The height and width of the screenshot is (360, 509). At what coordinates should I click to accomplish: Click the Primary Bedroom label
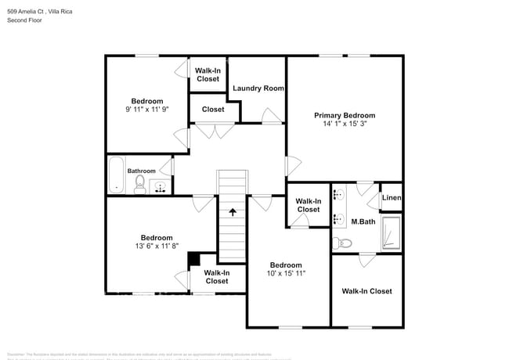pos(345,115)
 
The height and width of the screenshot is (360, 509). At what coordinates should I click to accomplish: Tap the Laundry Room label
pos(258,88)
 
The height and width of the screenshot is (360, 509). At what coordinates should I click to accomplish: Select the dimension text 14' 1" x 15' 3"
pos(345,124)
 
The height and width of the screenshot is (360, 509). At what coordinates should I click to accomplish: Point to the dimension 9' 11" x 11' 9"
pos(147,110)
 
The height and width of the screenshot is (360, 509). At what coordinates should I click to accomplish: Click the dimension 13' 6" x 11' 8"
pos(157,247)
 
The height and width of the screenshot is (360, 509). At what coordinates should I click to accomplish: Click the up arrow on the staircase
pos(232,211)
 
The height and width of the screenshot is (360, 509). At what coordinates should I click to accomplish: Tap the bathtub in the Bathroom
pos(116,175)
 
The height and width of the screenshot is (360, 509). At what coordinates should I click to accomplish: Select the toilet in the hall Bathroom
pos(140,185)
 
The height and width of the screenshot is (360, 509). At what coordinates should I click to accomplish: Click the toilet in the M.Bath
pos(338,243)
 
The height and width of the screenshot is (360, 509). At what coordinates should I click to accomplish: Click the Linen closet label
pos(392,198)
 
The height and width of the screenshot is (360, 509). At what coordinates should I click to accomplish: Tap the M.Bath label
pos(363,222)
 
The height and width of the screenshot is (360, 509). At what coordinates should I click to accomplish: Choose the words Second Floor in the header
pos(26,20)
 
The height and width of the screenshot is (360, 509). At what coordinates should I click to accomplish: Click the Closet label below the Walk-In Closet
pos(213,110)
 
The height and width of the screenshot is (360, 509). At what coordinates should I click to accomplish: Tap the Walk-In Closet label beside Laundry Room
pos(208,74)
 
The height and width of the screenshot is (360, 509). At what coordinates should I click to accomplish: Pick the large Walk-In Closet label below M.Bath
pos(366,291)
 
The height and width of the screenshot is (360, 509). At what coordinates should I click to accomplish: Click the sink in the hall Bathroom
pos(161,187)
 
